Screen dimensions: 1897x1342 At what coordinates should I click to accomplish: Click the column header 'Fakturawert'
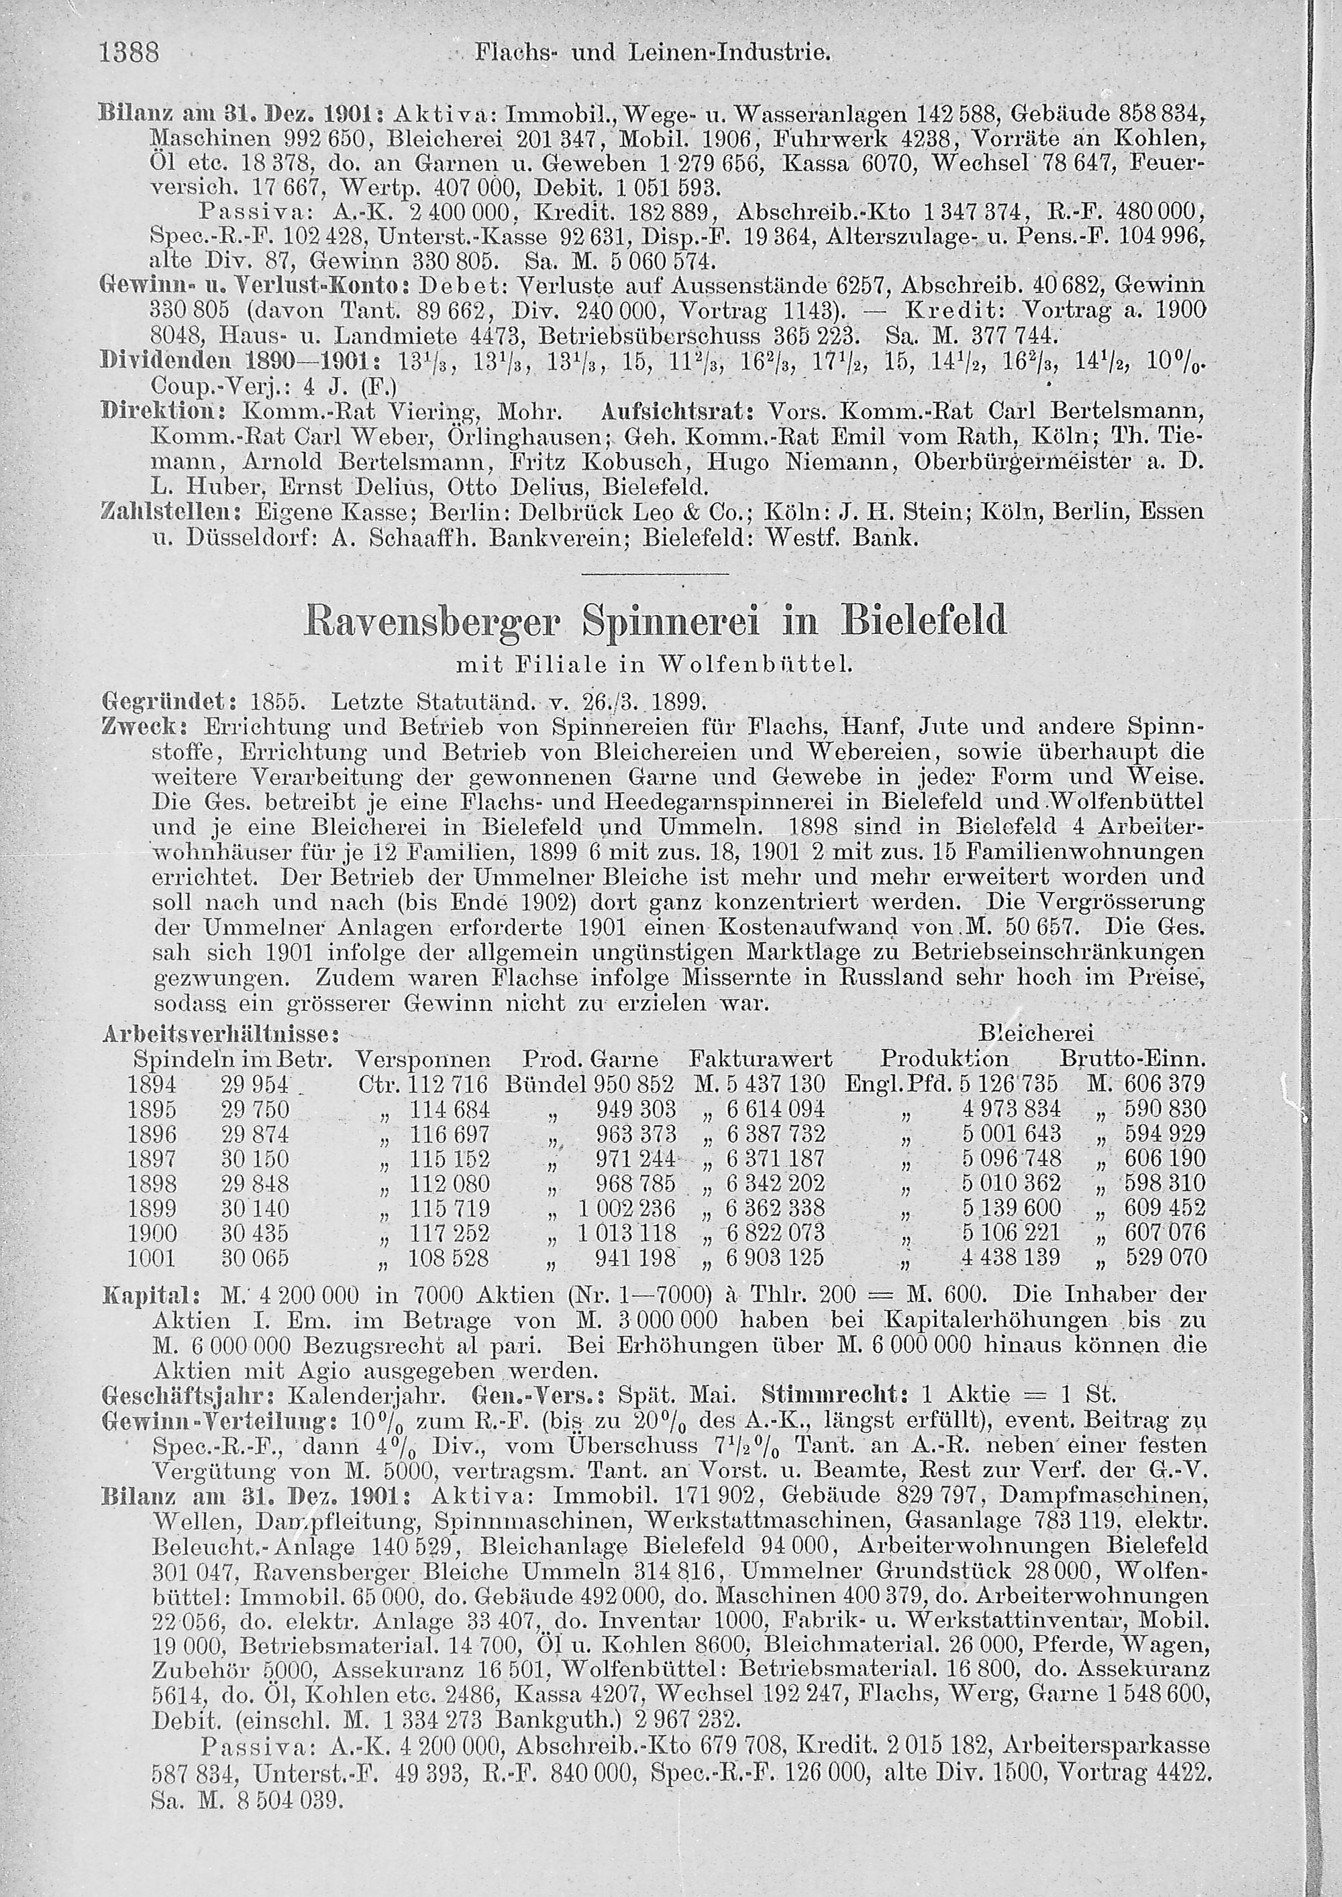coord(760,1059)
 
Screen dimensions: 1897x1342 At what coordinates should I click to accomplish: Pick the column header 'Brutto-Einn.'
coord(1132,1059)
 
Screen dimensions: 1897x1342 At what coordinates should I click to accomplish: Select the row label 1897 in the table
coord(152,1158)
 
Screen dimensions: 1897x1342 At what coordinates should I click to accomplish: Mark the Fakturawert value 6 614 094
coord(775,1109)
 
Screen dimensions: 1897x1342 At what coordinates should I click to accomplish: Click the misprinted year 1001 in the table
coord(152,1258)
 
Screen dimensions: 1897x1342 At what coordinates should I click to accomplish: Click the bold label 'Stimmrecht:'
coord(835,1397)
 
